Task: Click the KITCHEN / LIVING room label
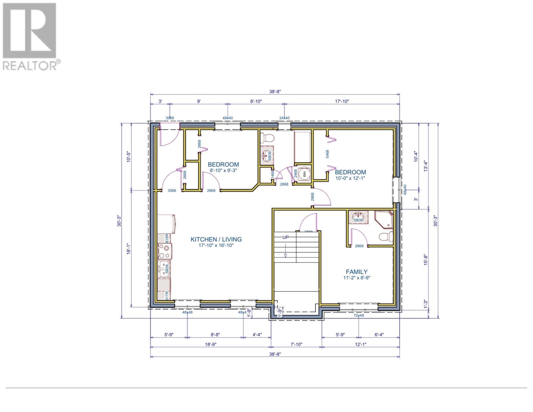click(x=216, y=239)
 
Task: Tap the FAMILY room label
click(x=357, y=272)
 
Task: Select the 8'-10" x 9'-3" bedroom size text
click(x=223, y=170)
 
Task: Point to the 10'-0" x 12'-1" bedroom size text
click(x=350, y=178)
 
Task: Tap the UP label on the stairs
click(x=285, y=237)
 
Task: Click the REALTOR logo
click(x=30, y=36)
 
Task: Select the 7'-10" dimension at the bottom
click(x=296, y=344)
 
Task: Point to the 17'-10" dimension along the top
click(x=341, y=101)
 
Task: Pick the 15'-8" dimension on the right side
click(x=426, y=259)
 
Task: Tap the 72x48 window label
click(x=359, y=315)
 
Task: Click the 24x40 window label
click(x=284, y=118)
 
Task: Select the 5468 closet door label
click(x=327, y=154)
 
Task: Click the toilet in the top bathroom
click(x=267, y=138)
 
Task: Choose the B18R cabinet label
click(x=167, y=238)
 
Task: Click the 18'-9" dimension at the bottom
click(x=210, y=344)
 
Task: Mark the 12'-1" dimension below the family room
click(x=361, y=344)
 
